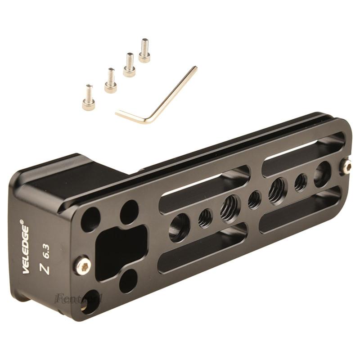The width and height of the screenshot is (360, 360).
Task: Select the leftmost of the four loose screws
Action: (x=89, y=98)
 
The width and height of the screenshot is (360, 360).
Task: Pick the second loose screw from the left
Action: (x=110, y=81)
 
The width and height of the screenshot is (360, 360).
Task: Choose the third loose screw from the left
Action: (x=130, y=65)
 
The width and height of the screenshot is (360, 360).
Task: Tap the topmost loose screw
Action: (x=144, y=50)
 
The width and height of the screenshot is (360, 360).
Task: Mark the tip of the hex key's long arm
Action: (x=195, y=68)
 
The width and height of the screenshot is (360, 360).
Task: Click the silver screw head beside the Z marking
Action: (x=82, y=265)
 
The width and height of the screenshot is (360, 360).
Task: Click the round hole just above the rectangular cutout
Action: (x=129, y=211)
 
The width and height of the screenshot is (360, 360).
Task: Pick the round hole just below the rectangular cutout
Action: (x=128, y=281)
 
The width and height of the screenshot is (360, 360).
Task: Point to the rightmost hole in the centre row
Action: (x=322, y=174)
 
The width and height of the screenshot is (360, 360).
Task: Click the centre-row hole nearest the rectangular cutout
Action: (x=179, y=227)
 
